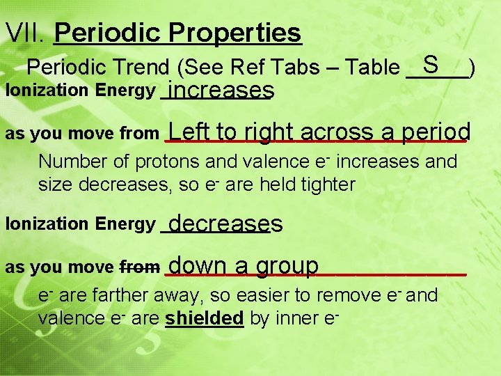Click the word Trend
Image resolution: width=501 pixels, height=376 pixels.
pos(147,68)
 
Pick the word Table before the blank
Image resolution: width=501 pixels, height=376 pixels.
pos(373,68)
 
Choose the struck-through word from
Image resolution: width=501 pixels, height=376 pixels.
pos(140,267)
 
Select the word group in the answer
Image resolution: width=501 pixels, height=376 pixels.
pos(287,266)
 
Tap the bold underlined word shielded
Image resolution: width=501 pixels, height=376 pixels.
pos(205,318)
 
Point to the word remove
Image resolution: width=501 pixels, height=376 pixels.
pos(349,295)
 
